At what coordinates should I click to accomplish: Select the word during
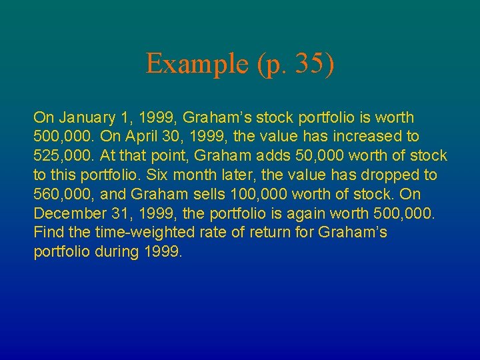tap(118, 253)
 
